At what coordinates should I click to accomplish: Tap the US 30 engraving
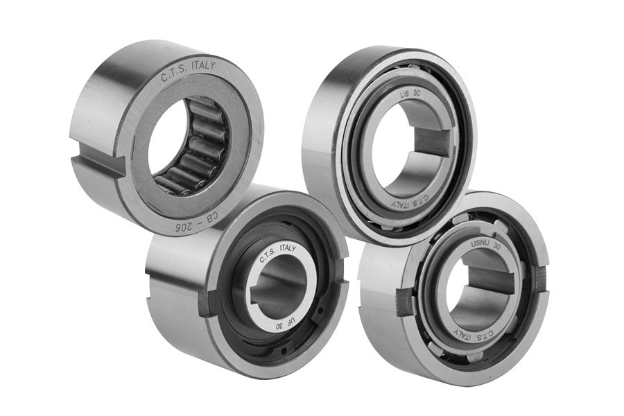[410, 96]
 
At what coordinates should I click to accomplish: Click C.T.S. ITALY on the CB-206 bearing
[188, 69]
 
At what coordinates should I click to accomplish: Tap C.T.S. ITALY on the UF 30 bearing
[277, 253]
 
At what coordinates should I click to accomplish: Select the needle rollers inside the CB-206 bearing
[191, 151]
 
